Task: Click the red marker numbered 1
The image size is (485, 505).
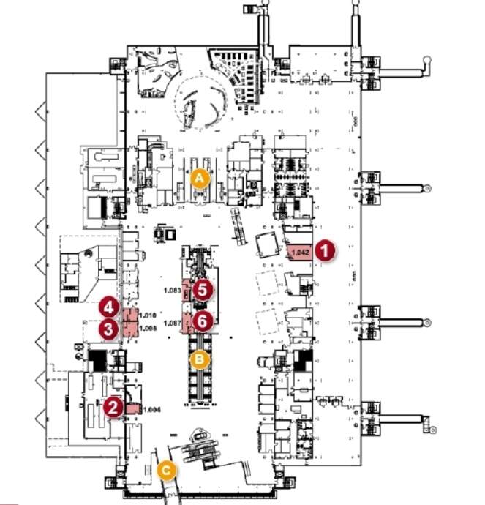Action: (x=326, y=250)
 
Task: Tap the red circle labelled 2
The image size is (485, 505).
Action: (x=113, y=407)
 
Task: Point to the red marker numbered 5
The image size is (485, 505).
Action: (x=203, y=289)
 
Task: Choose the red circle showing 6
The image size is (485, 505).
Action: (x=203, y=320)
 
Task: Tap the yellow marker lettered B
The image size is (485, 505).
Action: (x=200, y=359)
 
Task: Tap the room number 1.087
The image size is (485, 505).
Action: (x=173, y=323)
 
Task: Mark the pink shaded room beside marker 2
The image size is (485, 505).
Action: (x=134, y=408)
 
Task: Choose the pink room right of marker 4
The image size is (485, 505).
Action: (x=130, y=317)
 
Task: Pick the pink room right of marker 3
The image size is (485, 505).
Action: (x=130, y=329)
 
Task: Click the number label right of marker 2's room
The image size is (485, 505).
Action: (x=151, y=410)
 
